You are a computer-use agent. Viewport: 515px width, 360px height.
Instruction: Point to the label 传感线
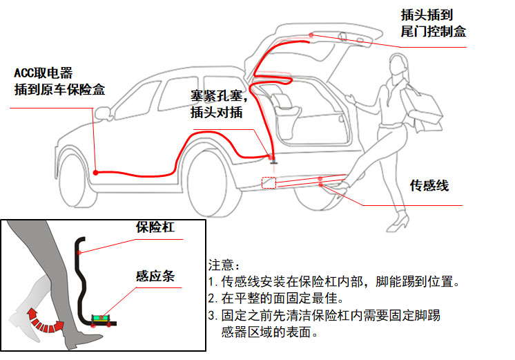pos(429,185)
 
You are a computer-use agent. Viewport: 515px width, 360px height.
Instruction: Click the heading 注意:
pos(224,265)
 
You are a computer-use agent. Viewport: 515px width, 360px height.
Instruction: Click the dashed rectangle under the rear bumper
pos(269,183)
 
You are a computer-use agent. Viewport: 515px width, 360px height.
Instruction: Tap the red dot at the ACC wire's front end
pos(96,172)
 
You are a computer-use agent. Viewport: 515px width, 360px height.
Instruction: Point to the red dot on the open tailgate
pos(312,35)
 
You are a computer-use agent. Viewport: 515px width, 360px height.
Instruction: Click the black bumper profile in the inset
pos(84,276)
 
